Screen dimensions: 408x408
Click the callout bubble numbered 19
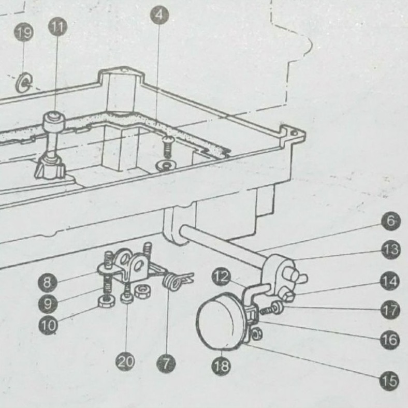24,34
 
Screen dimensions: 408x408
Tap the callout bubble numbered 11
57,26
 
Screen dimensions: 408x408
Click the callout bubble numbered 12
221,279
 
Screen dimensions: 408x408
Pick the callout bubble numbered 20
125,361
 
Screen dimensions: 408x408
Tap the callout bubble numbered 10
49,326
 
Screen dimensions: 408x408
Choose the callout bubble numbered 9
48,304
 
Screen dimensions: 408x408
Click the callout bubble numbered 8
48,282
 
